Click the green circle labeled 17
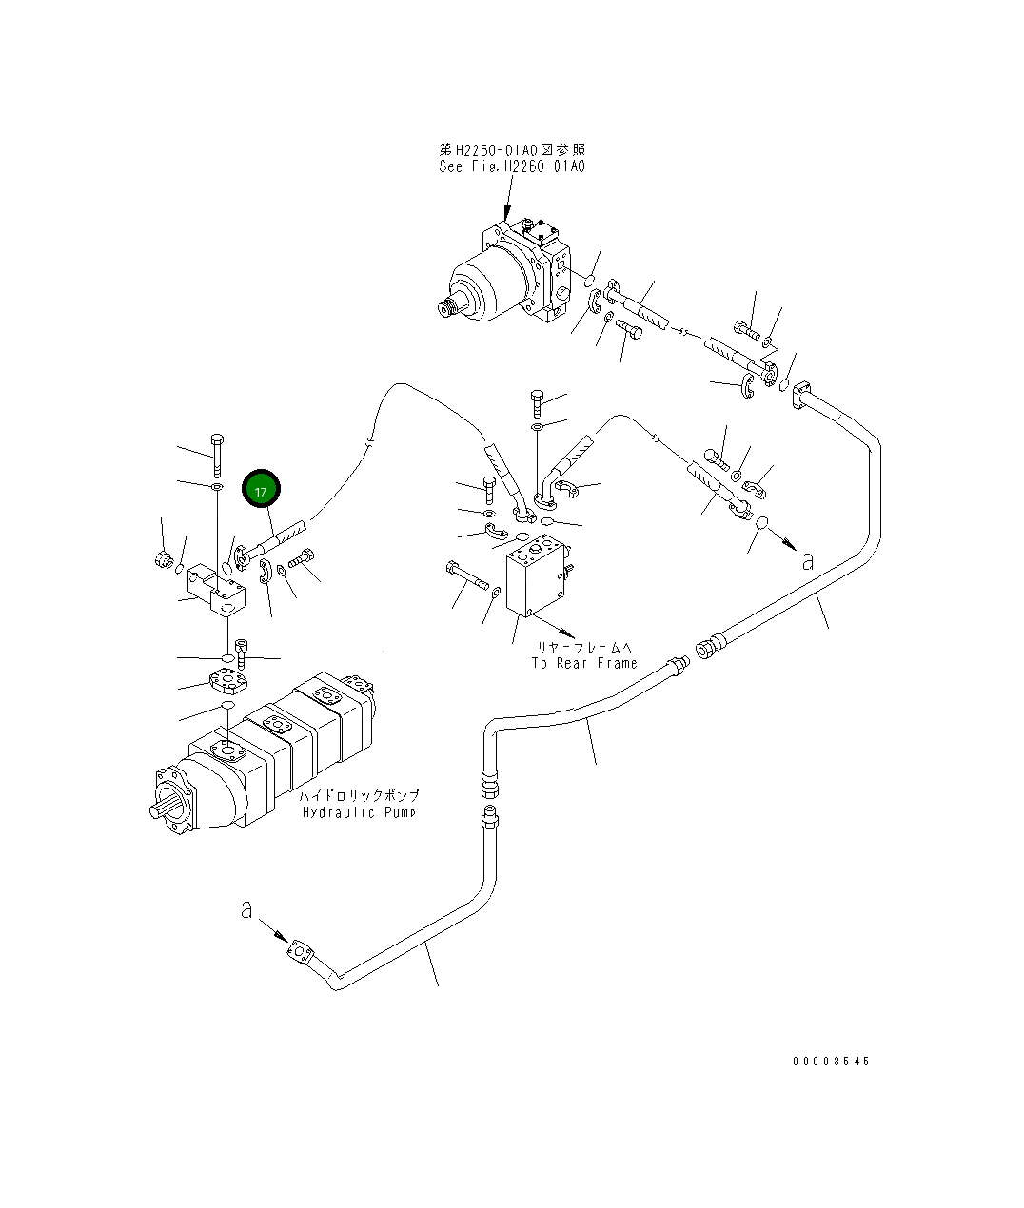click(x=262, y=490)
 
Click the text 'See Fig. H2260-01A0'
click(x=511, y=166)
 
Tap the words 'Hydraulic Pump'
click(x=359, y=812)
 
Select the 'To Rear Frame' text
click(x=583, y=663)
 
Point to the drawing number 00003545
click(x=830, y=1062)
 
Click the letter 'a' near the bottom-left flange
click(x=246, y=911)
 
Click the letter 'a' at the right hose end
click(x=808, y=562)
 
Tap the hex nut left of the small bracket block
click(x=162, y=559)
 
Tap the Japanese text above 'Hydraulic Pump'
click(x=359, y=795)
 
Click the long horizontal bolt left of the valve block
click(x=465, y=575)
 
